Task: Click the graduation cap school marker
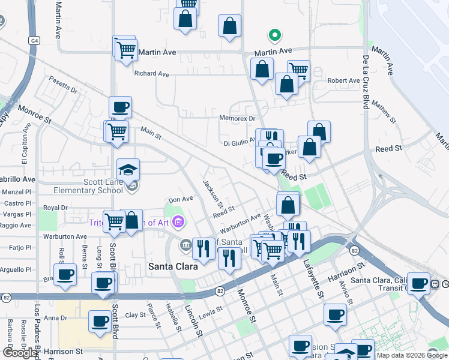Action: click(128, 170)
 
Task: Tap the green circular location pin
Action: click(274, 35)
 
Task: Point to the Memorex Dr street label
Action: click(237, 118)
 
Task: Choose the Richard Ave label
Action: click(152, 74)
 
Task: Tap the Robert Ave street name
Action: click(343, 80)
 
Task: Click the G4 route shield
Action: click(35, 40)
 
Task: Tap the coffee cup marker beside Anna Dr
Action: click(100, 322)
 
